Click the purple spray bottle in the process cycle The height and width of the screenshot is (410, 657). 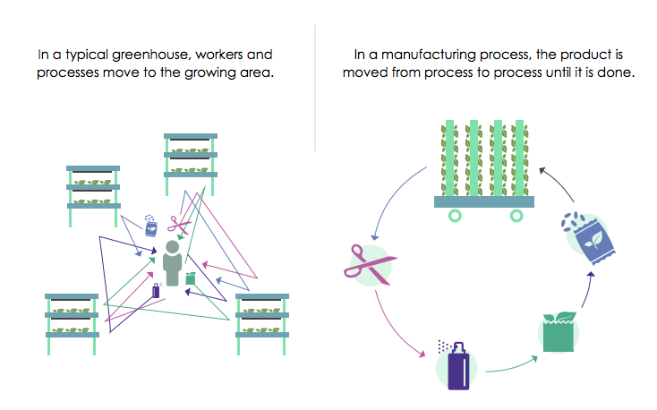point(457,364)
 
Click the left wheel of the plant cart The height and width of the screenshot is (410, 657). point(456,216)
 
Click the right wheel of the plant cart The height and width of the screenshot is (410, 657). point(516,216)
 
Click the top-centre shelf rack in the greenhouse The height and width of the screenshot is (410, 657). point(191,156)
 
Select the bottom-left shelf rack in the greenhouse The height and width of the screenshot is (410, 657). point(72,314)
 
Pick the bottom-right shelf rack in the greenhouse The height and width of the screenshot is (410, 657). point(262,314)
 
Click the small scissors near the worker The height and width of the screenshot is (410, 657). point(183,224)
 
